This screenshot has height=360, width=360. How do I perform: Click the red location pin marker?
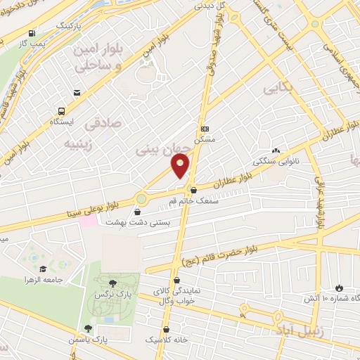pyautogui.click(x=181, y=165)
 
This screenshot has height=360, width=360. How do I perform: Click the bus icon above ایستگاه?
pyautogui.click(x=61, y=111)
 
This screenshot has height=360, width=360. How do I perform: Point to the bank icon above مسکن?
pyautogui.click(x=205, y=129)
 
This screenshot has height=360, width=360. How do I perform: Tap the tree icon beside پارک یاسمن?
pyautogui.click(x=88, y=328)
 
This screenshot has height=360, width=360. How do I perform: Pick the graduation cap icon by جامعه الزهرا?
pyautogui.click(x=43, y=269)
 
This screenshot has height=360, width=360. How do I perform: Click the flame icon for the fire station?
pyautogui.click(x=341, y=288)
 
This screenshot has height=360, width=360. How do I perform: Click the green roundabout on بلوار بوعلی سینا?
pyautogui.click(x=141, y=199)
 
